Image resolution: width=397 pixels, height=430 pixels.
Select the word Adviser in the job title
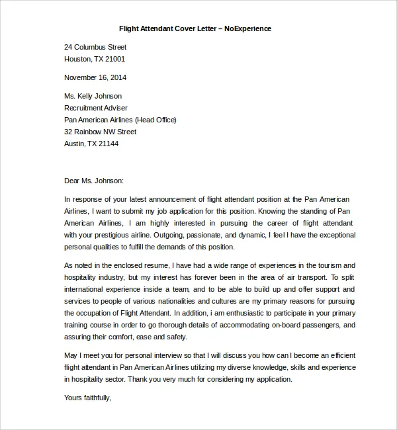click(114, 108)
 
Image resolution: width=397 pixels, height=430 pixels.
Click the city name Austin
click(75, 144)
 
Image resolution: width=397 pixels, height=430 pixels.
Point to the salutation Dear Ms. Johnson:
click(94, 180)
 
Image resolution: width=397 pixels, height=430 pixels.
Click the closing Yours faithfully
click(88, 398)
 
